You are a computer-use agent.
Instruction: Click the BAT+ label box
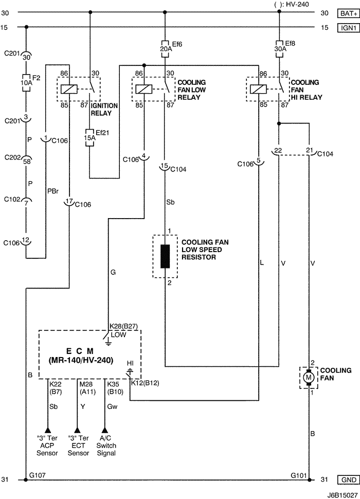(348, 13)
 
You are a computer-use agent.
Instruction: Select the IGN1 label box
(348, 28)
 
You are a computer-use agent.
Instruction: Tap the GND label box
(348, 479)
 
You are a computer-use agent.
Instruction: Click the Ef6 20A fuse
(165, 49)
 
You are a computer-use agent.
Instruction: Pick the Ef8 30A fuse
(279, 49)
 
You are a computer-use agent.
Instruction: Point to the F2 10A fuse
(26, 83)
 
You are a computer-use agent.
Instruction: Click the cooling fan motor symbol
(308, 378)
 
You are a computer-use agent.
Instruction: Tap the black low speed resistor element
(165, 256)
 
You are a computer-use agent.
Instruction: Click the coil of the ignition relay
(69, 89)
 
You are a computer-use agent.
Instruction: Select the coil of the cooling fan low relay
(144, 89)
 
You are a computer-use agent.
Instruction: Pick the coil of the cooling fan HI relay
(259, 89)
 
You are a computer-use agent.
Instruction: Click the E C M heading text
(80, 351)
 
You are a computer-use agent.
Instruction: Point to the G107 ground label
(38, 475)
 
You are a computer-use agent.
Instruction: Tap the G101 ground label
(299, 475)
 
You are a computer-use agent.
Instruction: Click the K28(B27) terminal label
(123, 327)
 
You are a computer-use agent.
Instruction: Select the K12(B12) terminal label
(145, 383)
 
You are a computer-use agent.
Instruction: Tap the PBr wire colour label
(52, 191)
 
